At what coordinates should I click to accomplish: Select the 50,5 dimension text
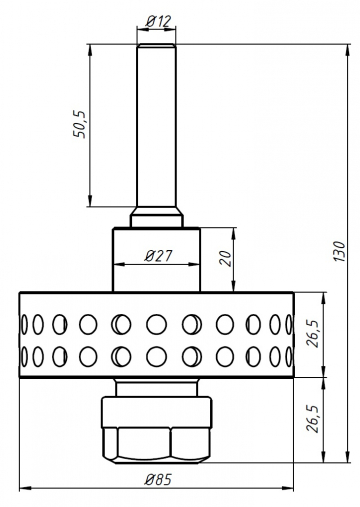82,126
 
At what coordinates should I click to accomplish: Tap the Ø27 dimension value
158,255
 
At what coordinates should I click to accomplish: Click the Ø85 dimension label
156,479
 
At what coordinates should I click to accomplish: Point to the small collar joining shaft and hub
156,216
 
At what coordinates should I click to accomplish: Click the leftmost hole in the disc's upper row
23,324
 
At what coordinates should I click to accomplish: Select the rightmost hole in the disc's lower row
290,356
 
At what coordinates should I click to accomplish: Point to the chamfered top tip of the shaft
156,45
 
